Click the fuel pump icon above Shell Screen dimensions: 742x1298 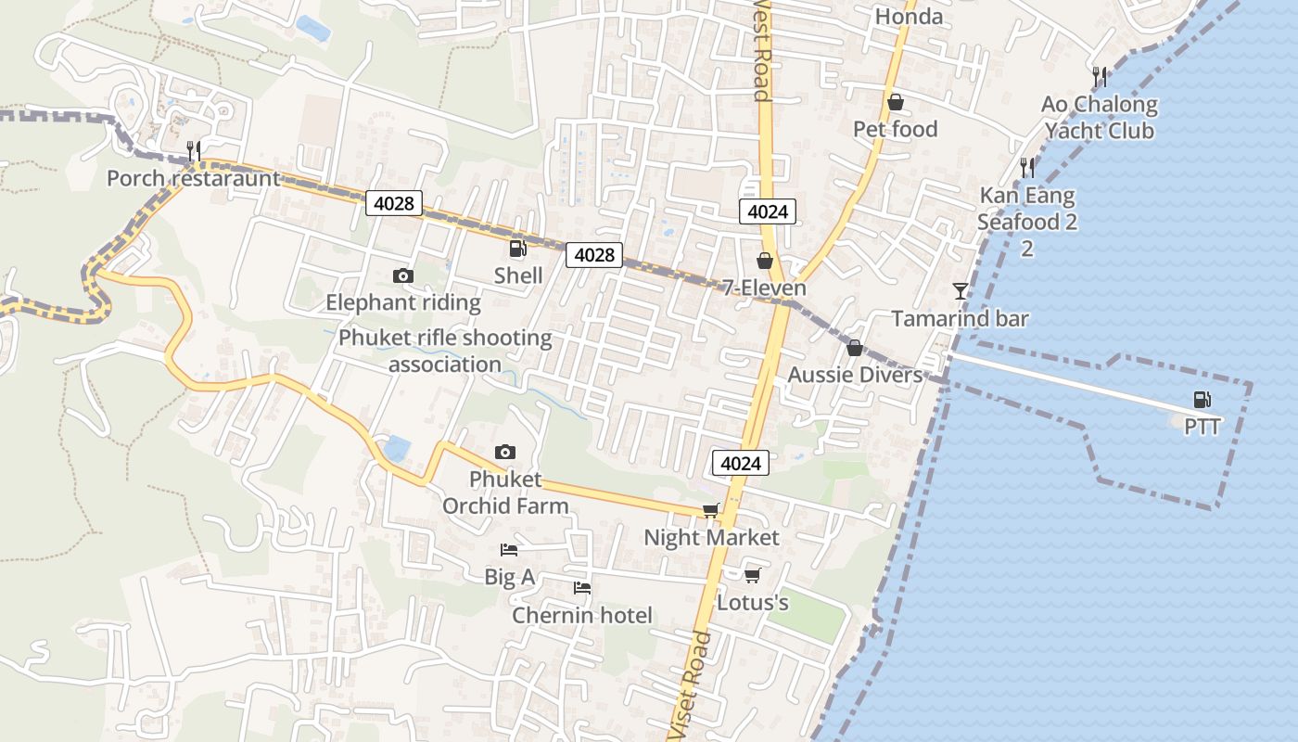tap(517, 249)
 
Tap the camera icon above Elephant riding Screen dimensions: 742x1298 tap(402, 275)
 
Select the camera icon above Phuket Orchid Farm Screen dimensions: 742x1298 tap(504, 452)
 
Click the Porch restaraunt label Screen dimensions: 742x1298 tap(193, 178)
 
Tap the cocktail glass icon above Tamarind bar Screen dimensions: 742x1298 tap(960, 291)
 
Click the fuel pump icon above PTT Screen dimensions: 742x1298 tap(1202, 400)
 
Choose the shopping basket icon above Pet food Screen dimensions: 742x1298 tap(895, 102)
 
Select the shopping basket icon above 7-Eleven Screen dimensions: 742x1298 tap(765, 261)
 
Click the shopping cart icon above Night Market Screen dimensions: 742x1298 tap(711, 510)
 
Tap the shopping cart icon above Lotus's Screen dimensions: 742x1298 tap(752, 575)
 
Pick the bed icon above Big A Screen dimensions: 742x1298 tap(509, 549)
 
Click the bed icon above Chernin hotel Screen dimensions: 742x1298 tap(581, 588)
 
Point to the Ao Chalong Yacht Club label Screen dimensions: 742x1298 tap(1100, 118)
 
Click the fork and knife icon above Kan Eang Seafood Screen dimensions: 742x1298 tap(1026, 168)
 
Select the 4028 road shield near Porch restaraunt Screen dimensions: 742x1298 tap(394, 203)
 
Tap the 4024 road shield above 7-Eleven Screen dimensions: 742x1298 tap(768, 211)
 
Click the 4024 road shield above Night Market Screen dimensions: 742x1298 tap(741, 463)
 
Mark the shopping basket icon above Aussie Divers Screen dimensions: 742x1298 tap(854, 348)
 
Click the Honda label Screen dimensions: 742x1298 tap(909, 17)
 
